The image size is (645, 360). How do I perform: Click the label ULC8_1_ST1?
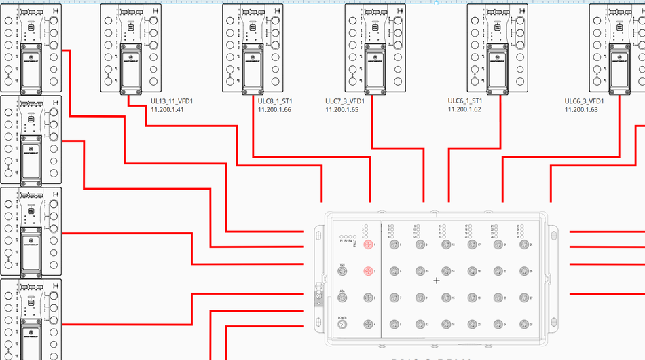pos(274,101)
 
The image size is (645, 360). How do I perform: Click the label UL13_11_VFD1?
pos(172,101)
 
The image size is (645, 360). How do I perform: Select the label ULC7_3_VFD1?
pos(345,101)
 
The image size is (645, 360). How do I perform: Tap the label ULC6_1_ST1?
pos(465,101)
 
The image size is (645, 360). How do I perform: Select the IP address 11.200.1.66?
pos(274,109)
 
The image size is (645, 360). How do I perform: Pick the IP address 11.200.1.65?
pos(342,109)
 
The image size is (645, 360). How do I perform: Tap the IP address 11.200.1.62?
pos(464,109)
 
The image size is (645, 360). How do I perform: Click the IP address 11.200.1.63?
pos(581,109)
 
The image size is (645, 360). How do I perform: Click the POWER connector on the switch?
pos(343,324)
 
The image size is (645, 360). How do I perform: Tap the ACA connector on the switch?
pos(343,298)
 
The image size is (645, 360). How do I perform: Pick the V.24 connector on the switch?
pos(343,271)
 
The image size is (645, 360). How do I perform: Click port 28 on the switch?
pos(523,324)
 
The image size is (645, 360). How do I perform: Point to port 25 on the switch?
pos(523,245)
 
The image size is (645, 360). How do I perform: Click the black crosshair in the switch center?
pos(436,280)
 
